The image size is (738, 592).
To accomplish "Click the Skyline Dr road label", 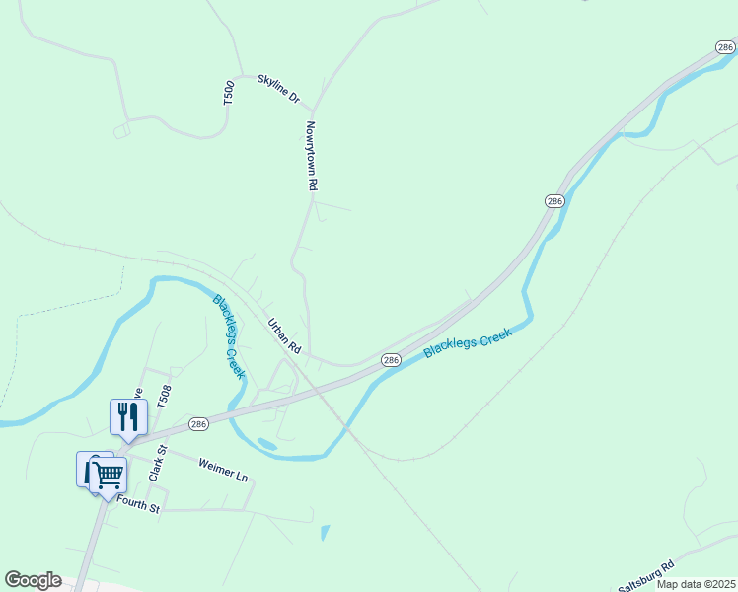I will pyautogui.click(x=278, y=90).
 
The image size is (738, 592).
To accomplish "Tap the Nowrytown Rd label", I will pyautogui.click(x=312, y=156).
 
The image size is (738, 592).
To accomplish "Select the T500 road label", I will pyautogui.click(x=229, y=93).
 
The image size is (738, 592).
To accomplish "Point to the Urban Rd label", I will pyautogui.click(x=284, y=335).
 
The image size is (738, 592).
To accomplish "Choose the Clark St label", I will pyautogui.click(x=156, y=464).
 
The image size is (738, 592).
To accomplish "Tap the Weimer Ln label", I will pyautogui.click(x=223, y=469).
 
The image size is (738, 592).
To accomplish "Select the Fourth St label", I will pyautogui.click(x=138, y=504).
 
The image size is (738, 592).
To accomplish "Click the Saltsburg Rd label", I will pyautogui.click(x=646, y=576).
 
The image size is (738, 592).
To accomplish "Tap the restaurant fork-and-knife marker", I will pyautogui.click(x=128, y=415).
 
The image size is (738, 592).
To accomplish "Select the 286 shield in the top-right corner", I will pyautogui.click(x=725, y=46).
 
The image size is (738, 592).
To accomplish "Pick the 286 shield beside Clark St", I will pyautogui.click(x=198, y=422).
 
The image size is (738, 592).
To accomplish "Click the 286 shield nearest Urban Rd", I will pyautogui.click(x=391, y=360).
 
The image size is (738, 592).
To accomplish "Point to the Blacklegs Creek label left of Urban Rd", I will pyautogui.click(x=228, y=336).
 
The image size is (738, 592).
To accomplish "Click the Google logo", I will pyautogui.click(x=33, y=580).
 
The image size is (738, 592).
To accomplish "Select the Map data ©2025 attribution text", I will pyautogui.click(x=696, y=584).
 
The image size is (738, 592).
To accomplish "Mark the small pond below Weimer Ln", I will pyautogui.click(x=325, y=533).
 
